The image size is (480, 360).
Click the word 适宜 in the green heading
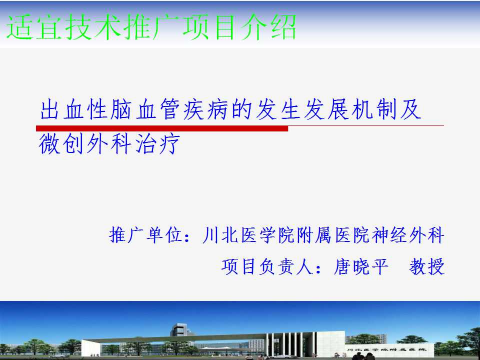34,27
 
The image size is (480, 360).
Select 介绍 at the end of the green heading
268,27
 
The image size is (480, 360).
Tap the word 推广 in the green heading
151,27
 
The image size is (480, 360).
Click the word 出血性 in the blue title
73,109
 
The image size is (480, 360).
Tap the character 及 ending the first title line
410,109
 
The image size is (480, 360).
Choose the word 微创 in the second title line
61,144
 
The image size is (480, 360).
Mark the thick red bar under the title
162,128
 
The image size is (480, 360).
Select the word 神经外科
408,235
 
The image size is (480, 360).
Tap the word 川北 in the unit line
220,235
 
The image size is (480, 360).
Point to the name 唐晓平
361,266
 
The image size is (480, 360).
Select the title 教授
426,266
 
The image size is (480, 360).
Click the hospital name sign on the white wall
386,349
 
